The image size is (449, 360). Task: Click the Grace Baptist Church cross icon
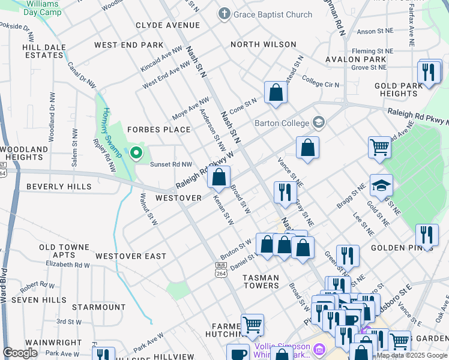point(224,14)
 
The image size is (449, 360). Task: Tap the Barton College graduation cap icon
point(318,123)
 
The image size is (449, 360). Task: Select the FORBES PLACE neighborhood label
point(158,130)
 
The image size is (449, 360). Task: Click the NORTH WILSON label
point(264,44)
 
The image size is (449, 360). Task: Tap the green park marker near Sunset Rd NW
point(136,154)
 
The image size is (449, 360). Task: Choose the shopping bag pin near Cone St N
point(276,92)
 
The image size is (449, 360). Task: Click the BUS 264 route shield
point(221,269)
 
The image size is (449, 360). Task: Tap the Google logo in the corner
point(20,353)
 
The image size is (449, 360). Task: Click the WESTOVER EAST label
point(131,256)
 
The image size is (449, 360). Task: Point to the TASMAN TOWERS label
point(261,281)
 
